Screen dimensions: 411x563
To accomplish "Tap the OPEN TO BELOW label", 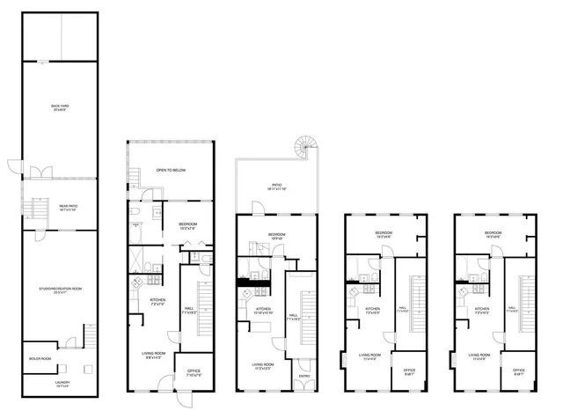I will pos(172,170).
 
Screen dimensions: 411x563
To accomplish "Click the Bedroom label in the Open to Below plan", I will pos(186,224).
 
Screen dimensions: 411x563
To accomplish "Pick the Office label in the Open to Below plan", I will pos(194,372).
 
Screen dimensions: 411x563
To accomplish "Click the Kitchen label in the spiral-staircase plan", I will pos(263,310).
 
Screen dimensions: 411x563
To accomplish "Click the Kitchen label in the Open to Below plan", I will pos(157,302).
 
